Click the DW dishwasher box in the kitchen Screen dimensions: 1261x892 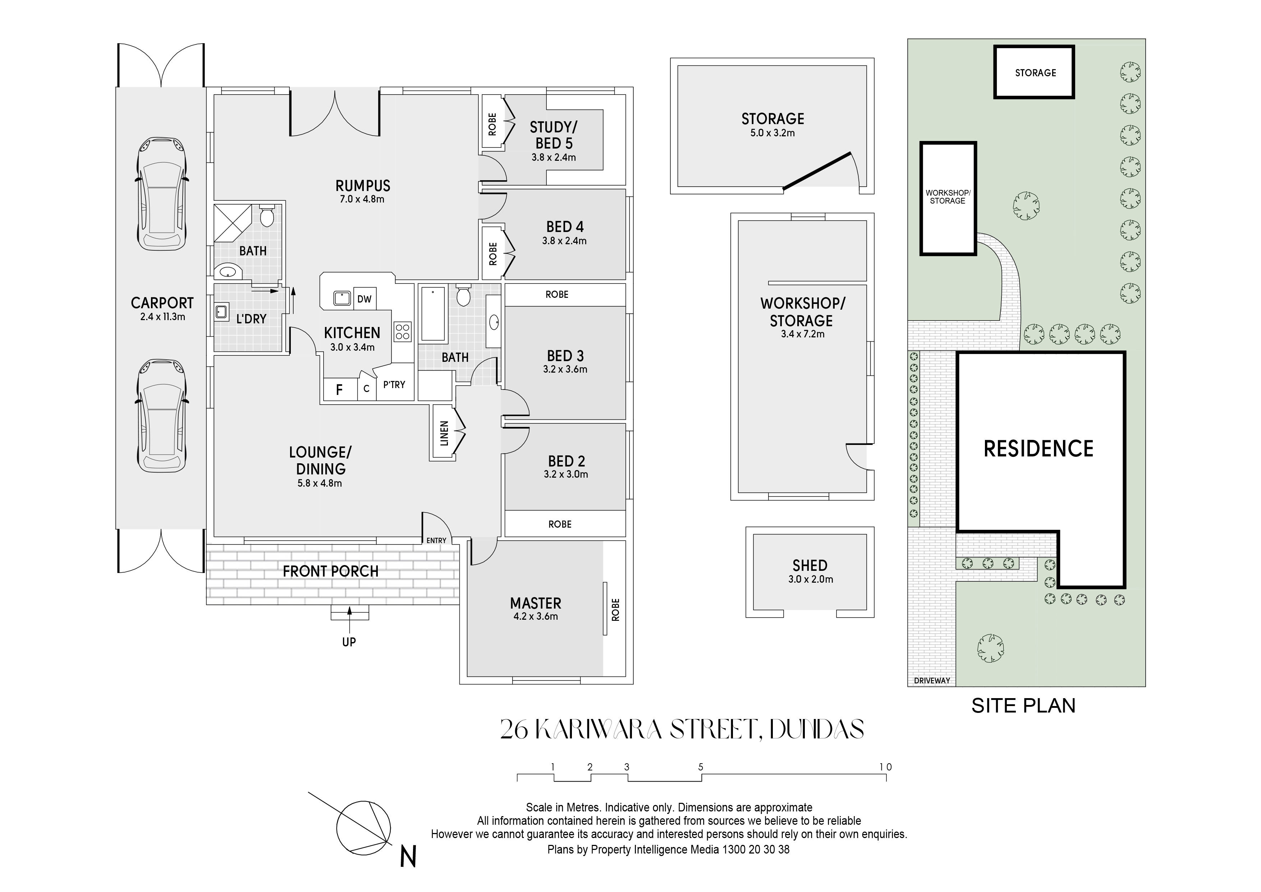(x=364, y=299)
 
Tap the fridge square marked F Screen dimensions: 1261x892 (x=339, y=390)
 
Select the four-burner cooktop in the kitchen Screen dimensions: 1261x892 (x=403, y=332)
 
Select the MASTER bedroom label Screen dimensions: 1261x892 (x=536, y=603)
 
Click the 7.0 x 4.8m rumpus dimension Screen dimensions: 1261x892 (x=362, y=199)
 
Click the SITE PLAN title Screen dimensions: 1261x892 (x=1023, y=706)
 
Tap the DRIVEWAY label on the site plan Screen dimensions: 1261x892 (x=932, y=681)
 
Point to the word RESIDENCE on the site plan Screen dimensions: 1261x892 (x=1038, y=449)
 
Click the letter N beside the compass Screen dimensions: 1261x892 (x=408, y=857)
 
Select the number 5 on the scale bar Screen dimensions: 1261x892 (x=701, y=767)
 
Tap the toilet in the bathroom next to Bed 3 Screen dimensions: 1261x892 (x=464, y=295)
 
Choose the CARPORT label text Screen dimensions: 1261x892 (x=162, y=303)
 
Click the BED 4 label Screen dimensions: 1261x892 (x=565, y=227)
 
